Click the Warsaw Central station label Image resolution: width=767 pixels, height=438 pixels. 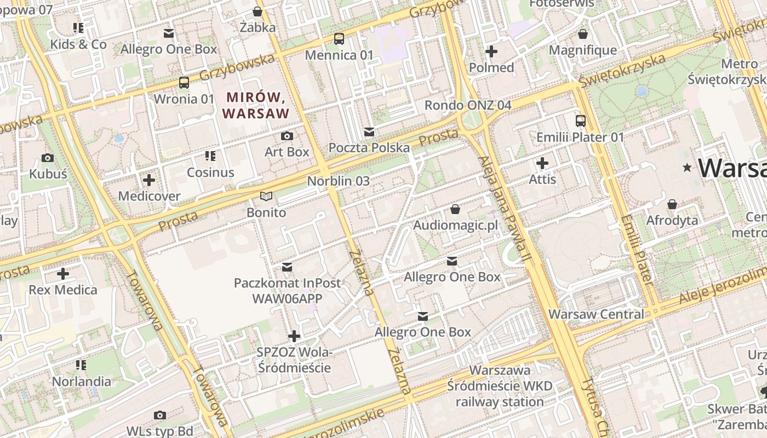pos(596,314)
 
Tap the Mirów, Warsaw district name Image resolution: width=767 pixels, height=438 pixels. pos(257,106)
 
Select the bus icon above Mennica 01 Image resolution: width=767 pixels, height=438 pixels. pos(339,39)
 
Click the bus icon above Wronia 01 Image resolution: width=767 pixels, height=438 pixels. pos(184,83)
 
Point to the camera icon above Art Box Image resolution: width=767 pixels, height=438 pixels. pos(287,136)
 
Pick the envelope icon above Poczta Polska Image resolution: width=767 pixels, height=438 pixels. pos(369,132)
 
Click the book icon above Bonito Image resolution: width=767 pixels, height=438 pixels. pos(266,196)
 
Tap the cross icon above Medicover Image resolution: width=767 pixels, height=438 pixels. pos(149,180)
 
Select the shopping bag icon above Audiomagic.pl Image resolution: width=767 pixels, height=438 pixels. pos(455,209)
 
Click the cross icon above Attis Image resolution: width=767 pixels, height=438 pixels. pos(542,163)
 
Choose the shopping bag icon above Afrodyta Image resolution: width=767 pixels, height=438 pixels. pos(672,204)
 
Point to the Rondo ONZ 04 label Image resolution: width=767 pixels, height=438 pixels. pos(468,105)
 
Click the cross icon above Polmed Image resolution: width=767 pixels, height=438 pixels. pos(491,51)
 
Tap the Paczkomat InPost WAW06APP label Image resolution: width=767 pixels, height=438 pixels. pos(287,291)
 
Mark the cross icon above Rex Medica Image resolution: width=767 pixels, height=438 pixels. pos(63,273)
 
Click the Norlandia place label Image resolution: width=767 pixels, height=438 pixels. pos(82,381)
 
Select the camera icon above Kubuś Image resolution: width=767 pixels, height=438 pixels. pos(48,158)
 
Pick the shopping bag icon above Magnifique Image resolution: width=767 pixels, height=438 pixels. pos(583,34)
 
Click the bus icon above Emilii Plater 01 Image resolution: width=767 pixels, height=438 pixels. pos(581,121)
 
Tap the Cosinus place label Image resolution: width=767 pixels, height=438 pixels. pos(210,172)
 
